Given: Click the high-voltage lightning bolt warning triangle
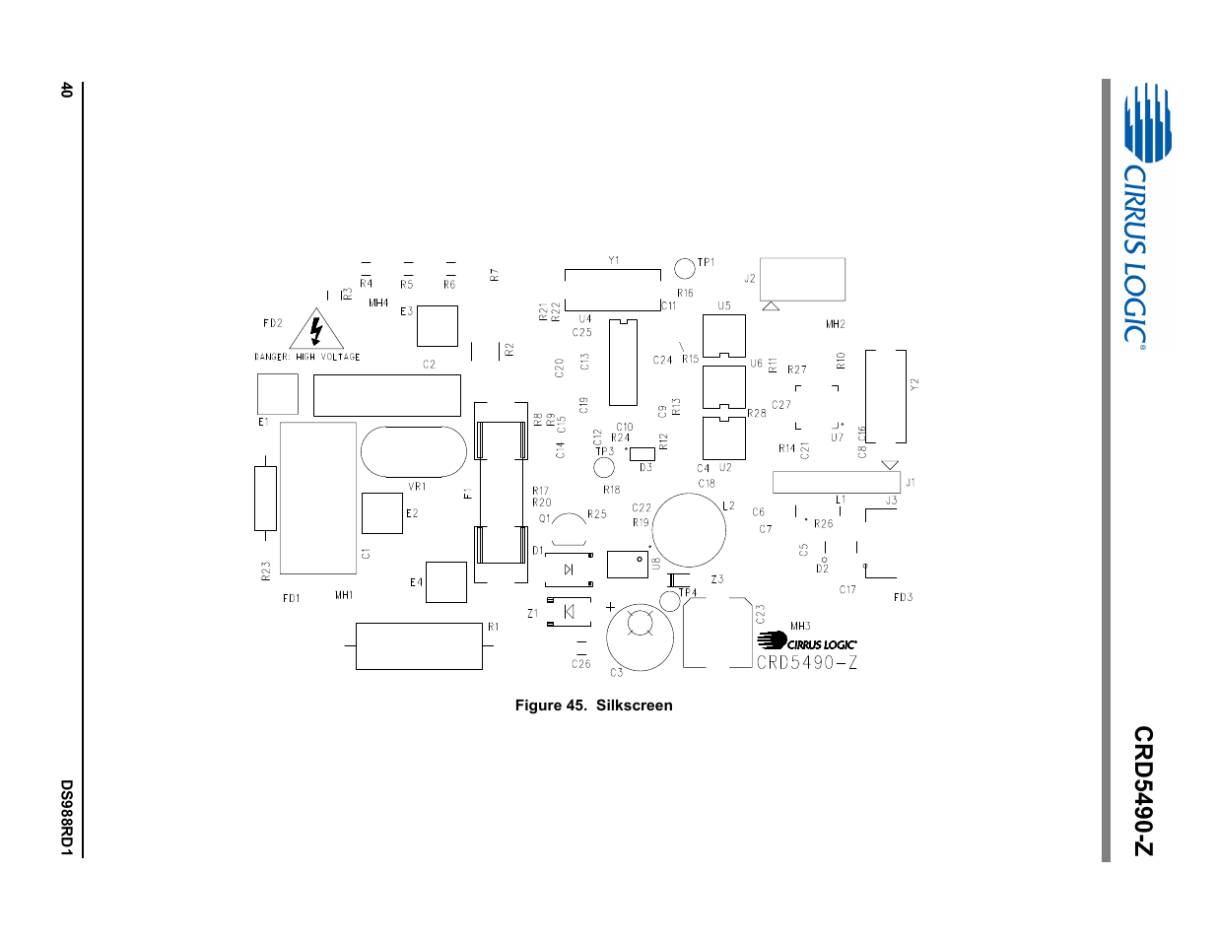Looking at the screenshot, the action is (x=316, y=330).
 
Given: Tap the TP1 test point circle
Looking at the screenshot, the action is (x=684, y=267).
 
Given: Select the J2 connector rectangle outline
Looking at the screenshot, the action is (x=803, y=279).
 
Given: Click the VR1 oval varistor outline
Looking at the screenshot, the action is (x=413, y=451).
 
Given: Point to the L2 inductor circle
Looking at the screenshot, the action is (x=689, y=531).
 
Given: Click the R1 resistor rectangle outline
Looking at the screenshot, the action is (x=419, y=646).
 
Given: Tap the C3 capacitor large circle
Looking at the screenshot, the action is (x=640, y=638).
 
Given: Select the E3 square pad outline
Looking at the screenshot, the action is (x=438, y=325).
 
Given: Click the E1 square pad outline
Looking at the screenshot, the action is (x=278, y=394).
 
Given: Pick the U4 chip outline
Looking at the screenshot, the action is (x=623, y=362).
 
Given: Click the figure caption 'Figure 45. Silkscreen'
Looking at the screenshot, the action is (x=593, y=705).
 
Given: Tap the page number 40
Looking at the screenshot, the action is (x=66, y=90).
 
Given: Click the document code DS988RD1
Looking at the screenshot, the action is (x=66, y=818).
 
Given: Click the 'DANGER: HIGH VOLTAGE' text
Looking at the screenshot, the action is (x=306, y=357).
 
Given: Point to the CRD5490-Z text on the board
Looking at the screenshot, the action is (x=807, y=663).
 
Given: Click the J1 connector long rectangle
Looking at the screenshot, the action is (x=836, y=483).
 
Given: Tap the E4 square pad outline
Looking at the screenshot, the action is (x=445, y=582).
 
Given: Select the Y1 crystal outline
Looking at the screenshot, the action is (x=612, y=283).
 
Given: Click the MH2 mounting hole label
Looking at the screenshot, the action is (x=836, y=324).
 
